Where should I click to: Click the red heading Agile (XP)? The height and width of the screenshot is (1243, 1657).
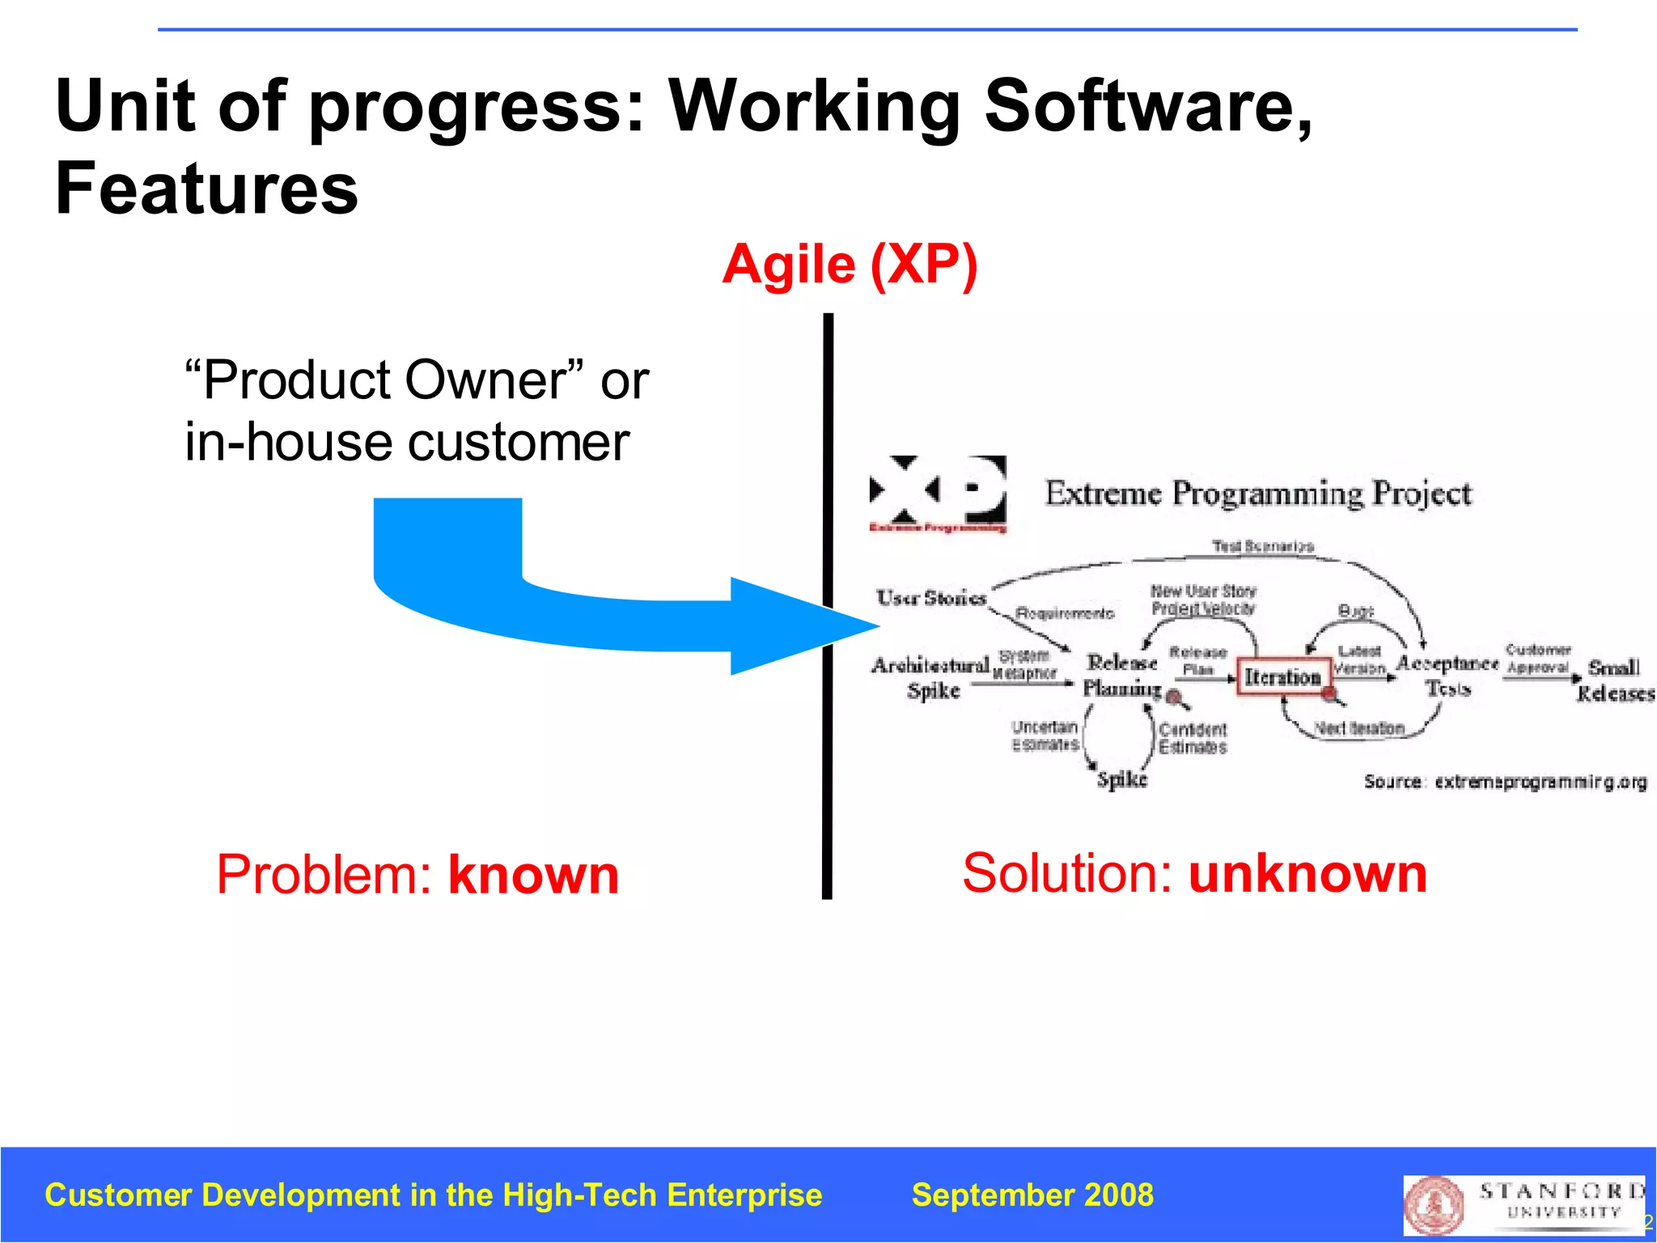pos(850,265)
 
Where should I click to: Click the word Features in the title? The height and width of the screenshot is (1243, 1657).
pos(206,189)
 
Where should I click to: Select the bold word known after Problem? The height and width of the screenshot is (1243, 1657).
pos(533,875)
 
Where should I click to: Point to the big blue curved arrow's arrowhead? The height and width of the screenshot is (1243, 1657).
pos(801,626)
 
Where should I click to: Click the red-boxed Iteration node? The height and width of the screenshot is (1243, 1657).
pos(1282,677)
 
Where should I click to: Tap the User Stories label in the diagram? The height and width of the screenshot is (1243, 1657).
pos(931,598)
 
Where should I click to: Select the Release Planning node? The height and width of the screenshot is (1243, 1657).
pos(1121,675)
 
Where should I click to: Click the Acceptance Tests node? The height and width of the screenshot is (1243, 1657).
pos(1447,675)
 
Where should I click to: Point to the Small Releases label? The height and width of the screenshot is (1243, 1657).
pos(1614,680)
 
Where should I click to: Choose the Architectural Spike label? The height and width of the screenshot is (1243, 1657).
pos(931,677)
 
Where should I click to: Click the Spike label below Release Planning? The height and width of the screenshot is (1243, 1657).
pos(1121,779)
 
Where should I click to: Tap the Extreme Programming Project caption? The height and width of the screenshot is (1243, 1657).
pos(1257,493)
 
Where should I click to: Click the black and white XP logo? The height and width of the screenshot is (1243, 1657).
pos(938,491)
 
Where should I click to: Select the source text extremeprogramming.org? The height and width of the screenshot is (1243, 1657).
pos(1540,782)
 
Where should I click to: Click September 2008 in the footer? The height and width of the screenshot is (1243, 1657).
pos(1032,1195)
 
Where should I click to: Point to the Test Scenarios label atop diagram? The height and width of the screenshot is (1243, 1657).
pos(1262,547)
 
